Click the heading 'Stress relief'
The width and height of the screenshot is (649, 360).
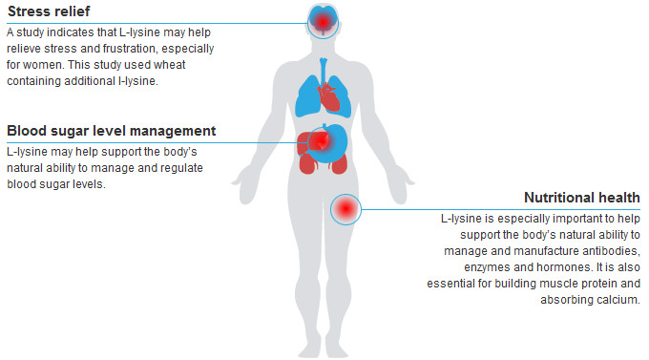(49, 11)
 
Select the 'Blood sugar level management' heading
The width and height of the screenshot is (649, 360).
(112, 131)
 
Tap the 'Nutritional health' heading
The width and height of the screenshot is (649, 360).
(582, 198)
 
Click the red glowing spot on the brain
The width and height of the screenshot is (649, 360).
(323, 22)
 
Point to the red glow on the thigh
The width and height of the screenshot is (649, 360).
(345, 209)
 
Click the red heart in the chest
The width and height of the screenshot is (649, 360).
(328, 96)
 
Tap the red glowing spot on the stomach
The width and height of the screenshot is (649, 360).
(321, 141)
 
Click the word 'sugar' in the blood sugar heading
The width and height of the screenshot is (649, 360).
(65, 132)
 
